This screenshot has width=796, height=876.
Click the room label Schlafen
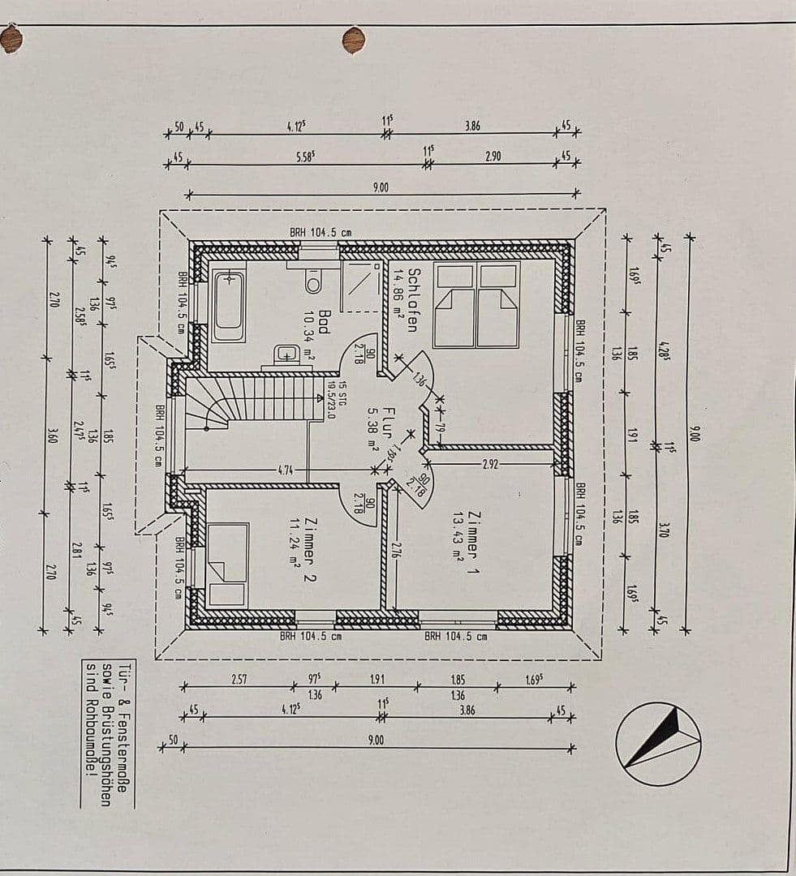(413, 300)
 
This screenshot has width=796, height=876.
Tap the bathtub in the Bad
(228, 307)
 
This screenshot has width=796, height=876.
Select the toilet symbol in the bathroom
(313, 281)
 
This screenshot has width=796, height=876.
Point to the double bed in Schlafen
(477, 304)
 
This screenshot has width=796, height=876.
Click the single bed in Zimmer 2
(227, 565)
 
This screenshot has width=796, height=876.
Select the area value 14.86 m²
(398, 301)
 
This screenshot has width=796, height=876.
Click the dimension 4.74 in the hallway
(285, 470)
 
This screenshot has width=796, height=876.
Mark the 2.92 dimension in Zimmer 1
(490, 464)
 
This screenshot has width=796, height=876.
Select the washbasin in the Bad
(286, 354)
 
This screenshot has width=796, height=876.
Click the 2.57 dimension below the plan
(239, 679)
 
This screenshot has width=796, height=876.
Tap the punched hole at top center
(354, 40)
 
